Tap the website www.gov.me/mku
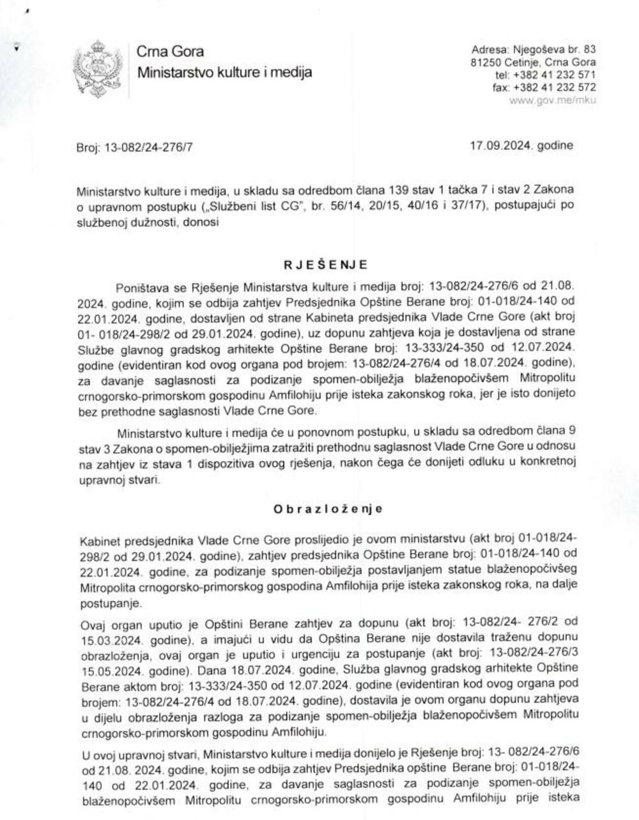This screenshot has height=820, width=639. pyautogui.click(x=553, y=101)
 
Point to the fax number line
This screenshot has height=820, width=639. pyautogui.click(x=544, y=88)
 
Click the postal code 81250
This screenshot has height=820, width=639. pyautogui.click(x=484, y=62)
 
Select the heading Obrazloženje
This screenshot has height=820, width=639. pyautogui.click(x=328, y=509)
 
